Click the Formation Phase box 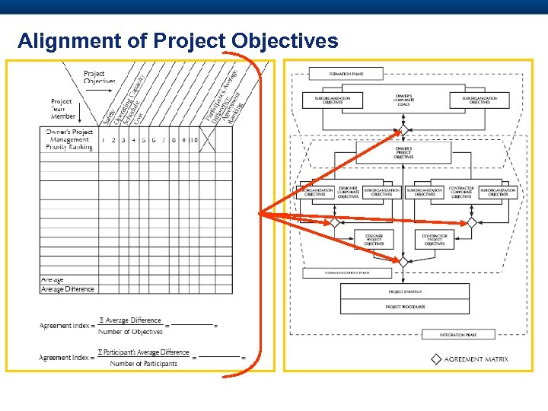pyautogui.click(x=346, y=74)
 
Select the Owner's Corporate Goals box pyautogui.click(x=403, y=99)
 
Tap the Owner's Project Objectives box pyautogui.click(x=403, y=152)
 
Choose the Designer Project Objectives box pyautogui.click(x=374, y=240)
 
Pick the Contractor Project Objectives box pyautogui.click(x=435, y=240)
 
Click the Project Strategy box pyautogui.click(x=404, y=292)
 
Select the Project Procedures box pyautogui.click(x=404, y=307)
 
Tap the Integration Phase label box pyautogui.click(x=458, y=335)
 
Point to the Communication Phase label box pyautogui.click(x=347, y=272)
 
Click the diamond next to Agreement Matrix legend pyautogui.click(x=436, y=359)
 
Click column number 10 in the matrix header pyautogui.click(x=194, y=140)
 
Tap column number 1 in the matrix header pyautogui.click(x=104, y=140)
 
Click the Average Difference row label pyautogui.click(x=68, y=289)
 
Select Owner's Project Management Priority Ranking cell pyautogui.click(x=68, y=140)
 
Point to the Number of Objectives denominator pyautogui.click(x=131, y=332)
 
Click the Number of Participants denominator pyautogui.click(x=143, y=364)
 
